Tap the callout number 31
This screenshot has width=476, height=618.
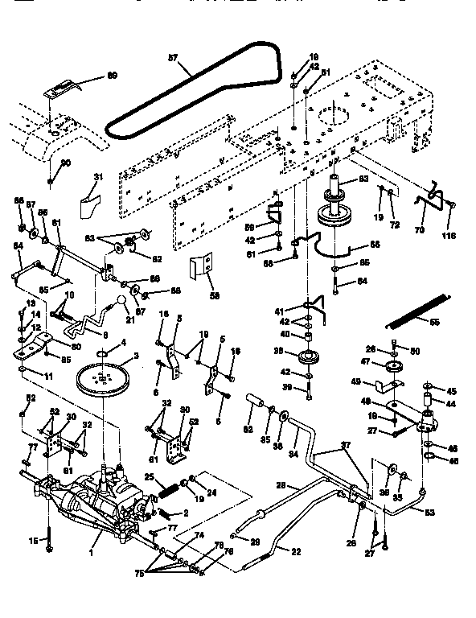click(99, 178)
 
